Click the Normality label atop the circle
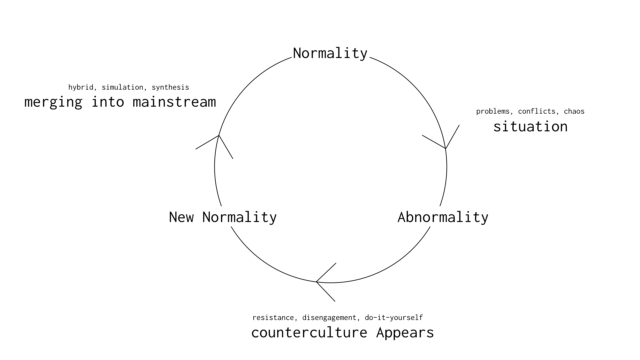coord(330,53)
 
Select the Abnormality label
coord(443,217)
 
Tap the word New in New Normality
coord(181,217)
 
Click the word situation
coord(530,127)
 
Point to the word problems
coord(493,111)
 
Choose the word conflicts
coord(537,111)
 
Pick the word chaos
coord(574,111)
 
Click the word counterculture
coord(309,333)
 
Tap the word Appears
coord(405,333)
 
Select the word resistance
coord(273,318)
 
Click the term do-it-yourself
coord(394,318)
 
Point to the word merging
coord(53,102)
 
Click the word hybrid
coord(81,87)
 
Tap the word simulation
coord(122,87)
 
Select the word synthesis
coord(170,87)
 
